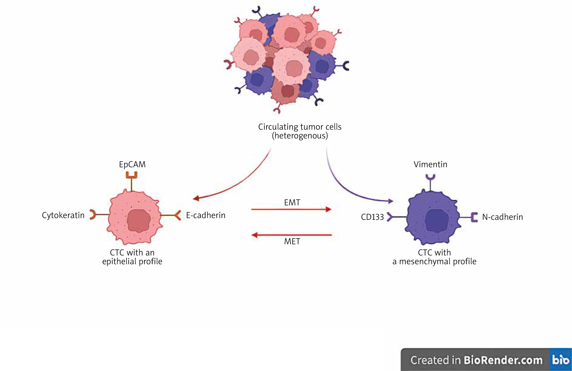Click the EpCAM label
(x=132, y=165)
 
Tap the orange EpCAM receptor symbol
(x=131, y=175)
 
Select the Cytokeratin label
(x=63, y=215)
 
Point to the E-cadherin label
(x=206, y=215)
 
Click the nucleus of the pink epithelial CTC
(x=139, y=221)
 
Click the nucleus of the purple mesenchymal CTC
(x=437, y=221)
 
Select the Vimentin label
(x=430, y=165)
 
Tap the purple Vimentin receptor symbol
(x=430, y=178)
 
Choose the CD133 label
(x=372, y=217)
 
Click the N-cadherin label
(x=502, y=217)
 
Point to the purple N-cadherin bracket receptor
(x=474, y=217)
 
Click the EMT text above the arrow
(x=292, y=202)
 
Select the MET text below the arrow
(x=292, y=242)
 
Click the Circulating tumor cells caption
(x=299, y=131)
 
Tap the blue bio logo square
(x=560, y=359)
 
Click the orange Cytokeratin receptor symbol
(x=93, y=215)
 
